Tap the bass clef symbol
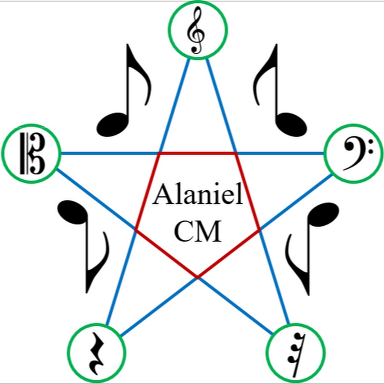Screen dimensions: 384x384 pos(351,153)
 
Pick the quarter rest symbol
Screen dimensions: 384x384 pos(97,351)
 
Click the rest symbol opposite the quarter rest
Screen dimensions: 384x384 pos(294,351)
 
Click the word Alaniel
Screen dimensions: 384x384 pos(198,195)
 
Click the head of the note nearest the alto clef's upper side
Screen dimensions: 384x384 pos(113,124)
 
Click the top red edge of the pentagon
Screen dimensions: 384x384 pos(198,153)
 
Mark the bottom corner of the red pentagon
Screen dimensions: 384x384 pos(197,278)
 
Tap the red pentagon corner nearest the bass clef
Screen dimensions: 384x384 pos(236,153)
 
